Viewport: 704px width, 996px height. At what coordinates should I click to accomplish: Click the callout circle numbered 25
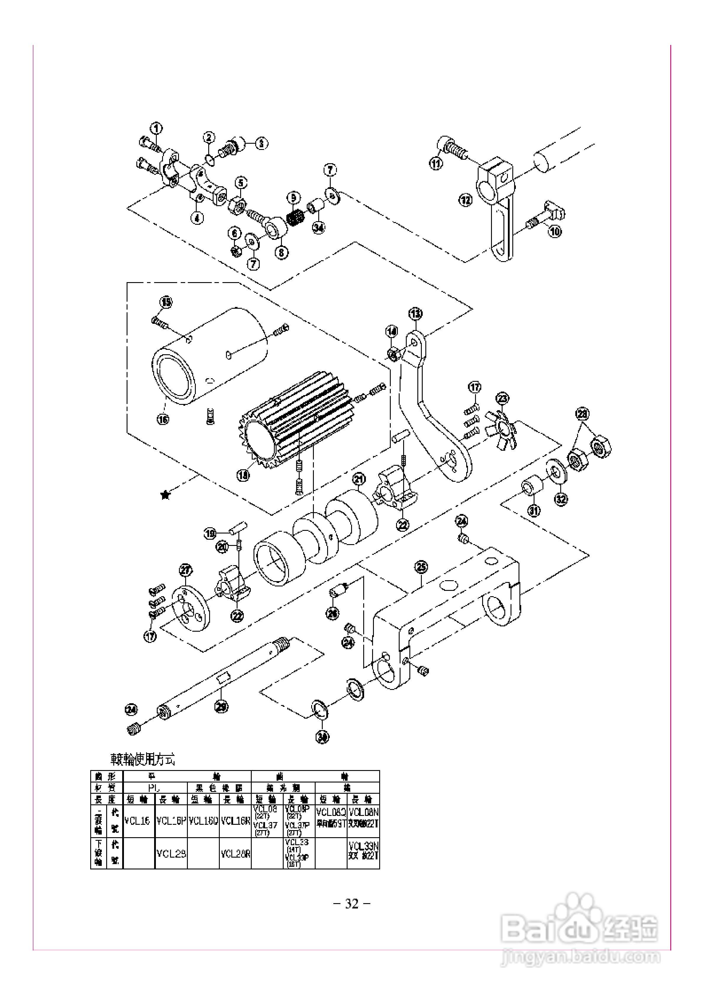coord(421,567)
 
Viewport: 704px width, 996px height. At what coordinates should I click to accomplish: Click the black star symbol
coord(165,494)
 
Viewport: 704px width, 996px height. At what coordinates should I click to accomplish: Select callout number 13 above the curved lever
coord(416,313)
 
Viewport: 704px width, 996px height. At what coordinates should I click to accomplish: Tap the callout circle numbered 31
coord(534,511)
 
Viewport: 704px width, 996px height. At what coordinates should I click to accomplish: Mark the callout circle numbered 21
coord(359,479)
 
